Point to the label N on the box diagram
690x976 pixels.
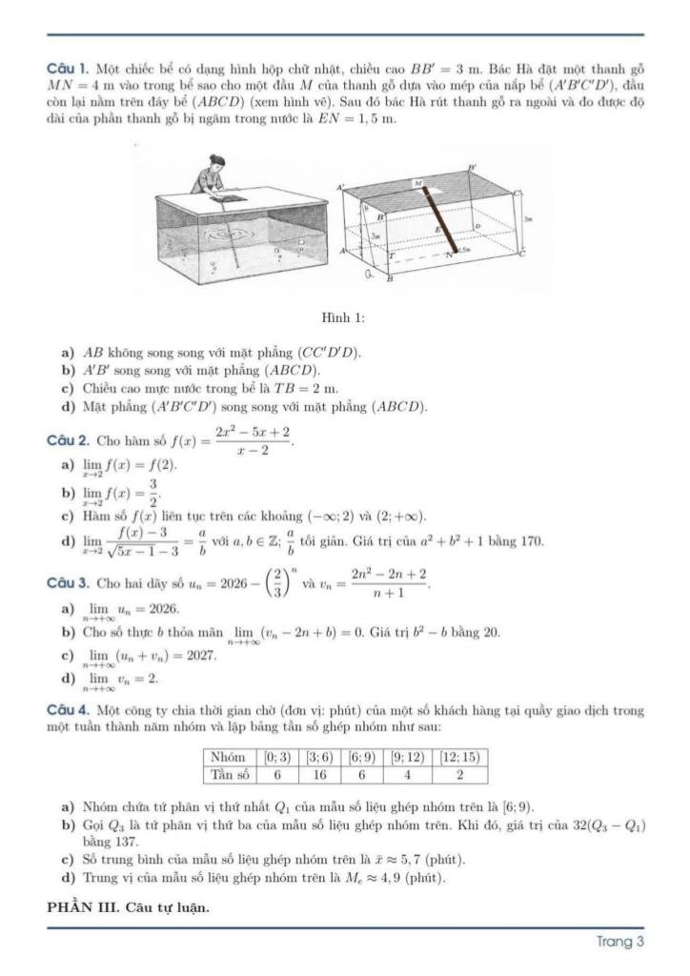tap(448, 255)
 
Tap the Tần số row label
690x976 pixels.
tap(228, 775)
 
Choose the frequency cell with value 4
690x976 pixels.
tap(412, 775)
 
